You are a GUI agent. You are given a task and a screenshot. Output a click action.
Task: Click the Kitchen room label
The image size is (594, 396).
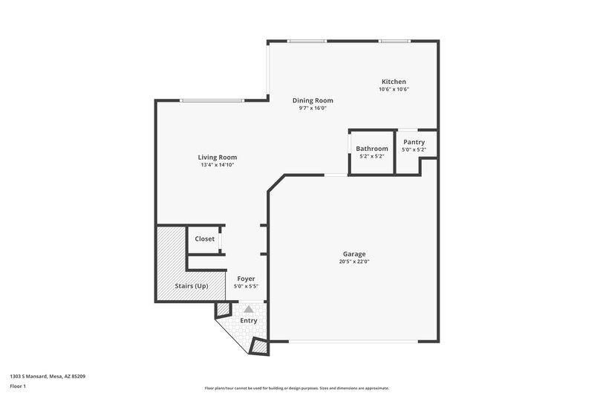(394, 82)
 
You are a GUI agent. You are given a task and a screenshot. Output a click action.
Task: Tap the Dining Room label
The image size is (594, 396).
(312, 100)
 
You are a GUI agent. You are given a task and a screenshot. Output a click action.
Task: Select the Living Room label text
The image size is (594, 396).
(218, 157)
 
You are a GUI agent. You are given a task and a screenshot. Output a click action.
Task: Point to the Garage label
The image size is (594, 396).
(354, 254)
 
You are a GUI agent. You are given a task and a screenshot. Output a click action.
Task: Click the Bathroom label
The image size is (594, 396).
(371, 149)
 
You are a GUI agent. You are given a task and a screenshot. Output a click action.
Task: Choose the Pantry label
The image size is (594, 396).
(414, 142)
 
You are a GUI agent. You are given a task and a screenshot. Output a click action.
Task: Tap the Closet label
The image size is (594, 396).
(205, 238)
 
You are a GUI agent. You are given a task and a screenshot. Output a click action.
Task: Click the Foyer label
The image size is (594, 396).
(246, 279)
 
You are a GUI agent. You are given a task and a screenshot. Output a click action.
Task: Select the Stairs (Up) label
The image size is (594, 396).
(191, 286)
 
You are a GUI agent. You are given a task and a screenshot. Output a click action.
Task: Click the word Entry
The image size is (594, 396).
(249, 321)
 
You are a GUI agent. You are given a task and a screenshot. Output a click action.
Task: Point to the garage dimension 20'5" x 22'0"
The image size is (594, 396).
(354, 262)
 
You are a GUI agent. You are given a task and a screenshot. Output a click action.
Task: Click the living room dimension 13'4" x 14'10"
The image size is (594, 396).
(218, 165)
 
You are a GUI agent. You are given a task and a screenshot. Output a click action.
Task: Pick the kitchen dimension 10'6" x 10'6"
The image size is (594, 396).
(394, 89)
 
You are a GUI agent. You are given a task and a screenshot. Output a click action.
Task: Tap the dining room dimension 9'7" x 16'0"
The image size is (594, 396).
(312, 108)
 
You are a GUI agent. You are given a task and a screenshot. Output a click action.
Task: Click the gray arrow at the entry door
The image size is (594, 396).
(249, 308)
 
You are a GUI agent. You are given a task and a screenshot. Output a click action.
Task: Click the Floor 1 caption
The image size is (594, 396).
(18, 387)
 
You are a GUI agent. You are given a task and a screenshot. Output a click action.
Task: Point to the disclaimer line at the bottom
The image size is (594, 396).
(297, 388)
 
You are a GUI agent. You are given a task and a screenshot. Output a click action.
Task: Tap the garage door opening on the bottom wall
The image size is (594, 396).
(353, 342)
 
